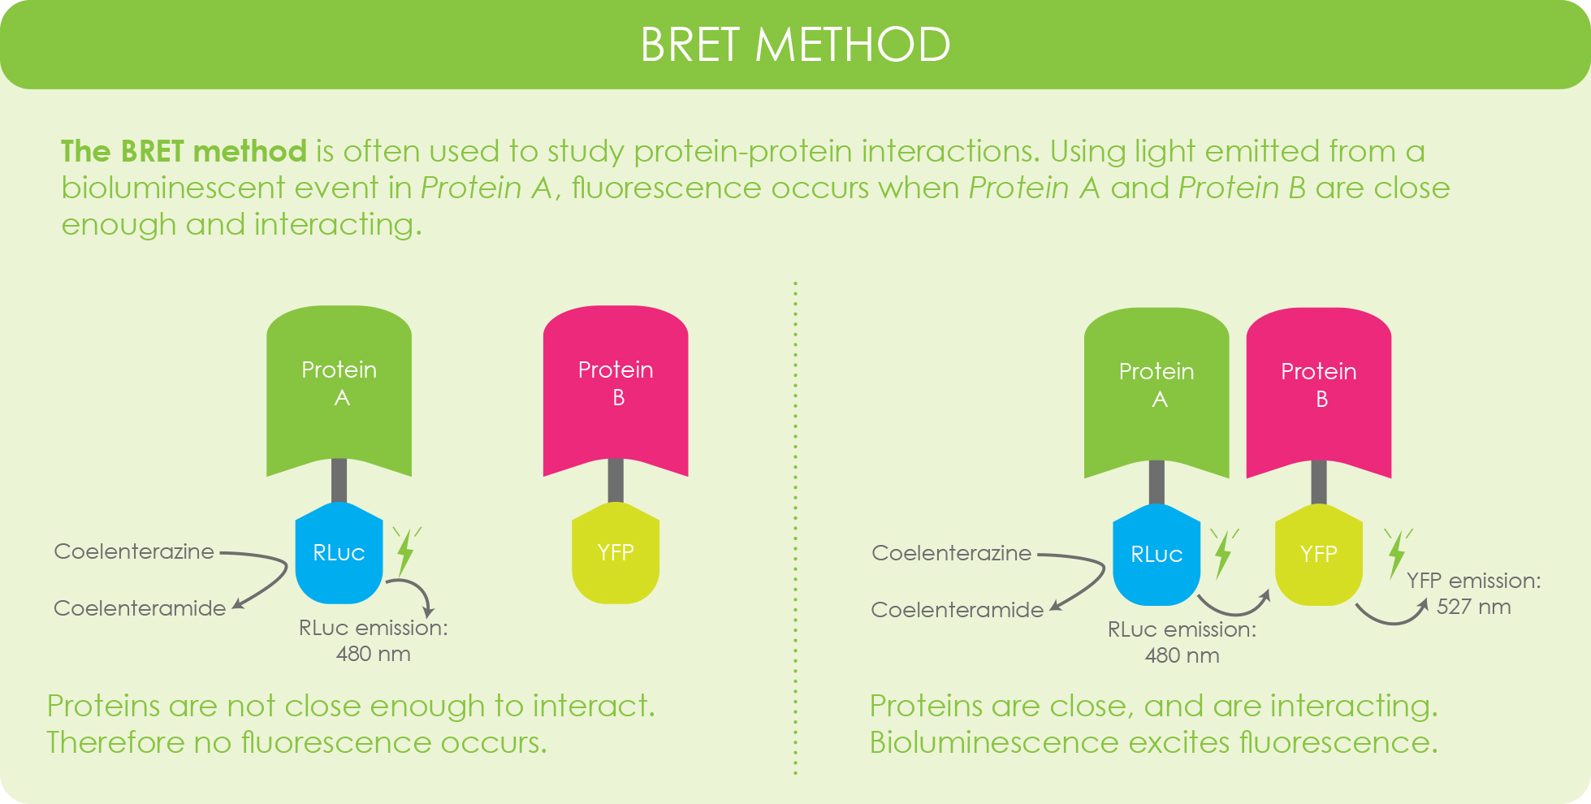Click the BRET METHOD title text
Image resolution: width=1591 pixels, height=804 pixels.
click(795, 45)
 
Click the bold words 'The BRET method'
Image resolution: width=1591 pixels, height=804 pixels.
click(184, 151)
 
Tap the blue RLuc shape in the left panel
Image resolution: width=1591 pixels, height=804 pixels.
click(339, 553)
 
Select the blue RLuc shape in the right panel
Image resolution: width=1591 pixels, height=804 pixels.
click(1157, 555)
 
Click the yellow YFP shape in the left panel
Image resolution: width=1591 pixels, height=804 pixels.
click(616, 553)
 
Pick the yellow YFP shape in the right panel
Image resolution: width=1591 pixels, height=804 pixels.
click(1319, 555)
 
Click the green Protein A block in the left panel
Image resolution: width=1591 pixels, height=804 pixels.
click(339, 390)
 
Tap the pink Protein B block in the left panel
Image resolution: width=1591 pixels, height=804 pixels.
click(616, 390)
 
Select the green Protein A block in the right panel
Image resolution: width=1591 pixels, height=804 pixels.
click(1157, 391)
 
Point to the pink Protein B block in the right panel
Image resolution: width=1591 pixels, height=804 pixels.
click(1319, 391)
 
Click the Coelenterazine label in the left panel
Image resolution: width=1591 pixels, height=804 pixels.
click(134, 551)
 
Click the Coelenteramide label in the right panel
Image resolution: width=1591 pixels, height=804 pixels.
click(957, 610)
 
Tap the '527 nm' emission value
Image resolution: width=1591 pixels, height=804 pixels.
click(1473, 607)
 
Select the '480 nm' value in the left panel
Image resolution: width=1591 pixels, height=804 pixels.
click(374, 654)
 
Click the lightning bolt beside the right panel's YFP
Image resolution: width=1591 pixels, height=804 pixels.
click(1397, 554)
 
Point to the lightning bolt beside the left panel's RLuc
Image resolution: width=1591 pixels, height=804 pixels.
click(406, 552)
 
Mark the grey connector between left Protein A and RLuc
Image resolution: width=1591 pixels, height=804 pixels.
click(339, 482)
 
